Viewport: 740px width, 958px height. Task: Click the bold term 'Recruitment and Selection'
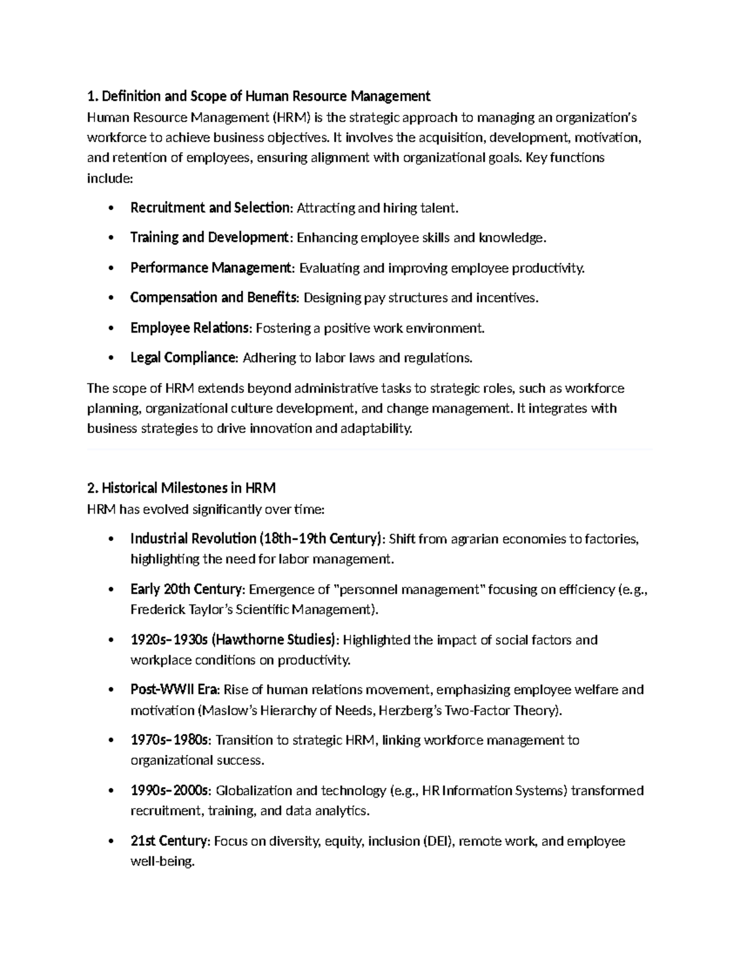click(x=210, y=208)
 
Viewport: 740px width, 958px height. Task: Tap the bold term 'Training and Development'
click(x=209, y=237)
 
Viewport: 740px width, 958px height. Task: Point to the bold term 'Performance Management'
click(x=212, y=268)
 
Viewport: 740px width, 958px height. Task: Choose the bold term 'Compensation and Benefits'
click(x=213, y=298)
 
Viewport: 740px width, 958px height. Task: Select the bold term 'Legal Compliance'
click(x=183, y=358)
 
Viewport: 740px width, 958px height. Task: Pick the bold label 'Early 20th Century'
click(x=187, y=590)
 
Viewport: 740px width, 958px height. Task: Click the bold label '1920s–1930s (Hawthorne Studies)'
click(x=234, y=640)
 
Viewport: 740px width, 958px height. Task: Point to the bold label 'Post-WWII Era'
click(x=175, y=690)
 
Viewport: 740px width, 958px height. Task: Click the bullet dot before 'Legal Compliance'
click(x=110, y=358)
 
